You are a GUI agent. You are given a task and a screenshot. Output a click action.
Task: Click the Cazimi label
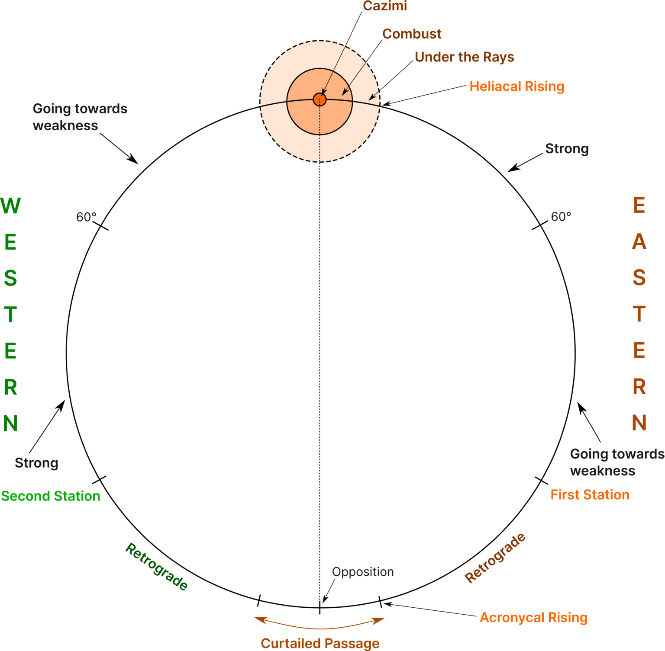click(x=385, y=6)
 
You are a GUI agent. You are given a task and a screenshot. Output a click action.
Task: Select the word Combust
click(x=412, y=34)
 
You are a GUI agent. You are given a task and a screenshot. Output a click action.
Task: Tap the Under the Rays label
click(x=464, y=57)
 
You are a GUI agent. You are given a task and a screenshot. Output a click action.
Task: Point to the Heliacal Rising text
click(x=517, y=87)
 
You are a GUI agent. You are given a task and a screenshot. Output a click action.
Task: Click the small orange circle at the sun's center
click(x=320, y=99)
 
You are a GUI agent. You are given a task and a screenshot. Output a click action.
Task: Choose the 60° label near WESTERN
click(x=86, y=217)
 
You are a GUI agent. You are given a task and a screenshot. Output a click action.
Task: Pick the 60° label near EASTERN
click(x=561, y=217)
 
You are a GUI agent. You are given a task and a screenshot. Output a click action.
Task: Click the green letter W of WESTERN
click(x=11, y=205)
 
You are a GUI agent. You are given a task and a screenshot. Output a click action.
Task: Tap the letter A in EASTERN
click(x=639, y=242)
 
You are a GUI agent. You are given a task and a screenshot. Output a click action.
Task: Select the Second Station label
click(x=51, y=496)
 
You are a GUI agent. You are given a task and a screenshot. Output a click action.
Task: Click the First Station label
click(x=590, y=495)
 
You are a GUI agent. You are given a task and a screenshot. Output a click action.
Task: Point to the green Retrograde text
click(x=156, y=567)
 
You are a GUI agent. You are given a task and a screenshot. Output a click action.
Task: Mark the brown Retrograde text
click(x=495, y=558)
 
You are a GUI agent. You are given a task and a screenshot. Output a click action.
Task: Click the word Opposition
click(x=363, y=572)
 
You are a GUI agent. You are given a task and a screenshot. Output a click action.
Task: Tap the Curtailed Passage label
click(x=320, y=643)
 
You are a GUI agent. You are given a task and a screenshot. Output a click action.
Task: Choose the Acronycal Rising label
click(x=533, y=618)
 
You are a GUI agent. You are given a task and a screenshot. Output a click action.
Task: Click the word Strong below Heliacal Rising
click(x=567, y=149)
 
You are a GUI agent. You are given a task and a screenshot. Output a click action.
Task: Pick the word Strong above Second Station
click(x=36, y=463)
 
